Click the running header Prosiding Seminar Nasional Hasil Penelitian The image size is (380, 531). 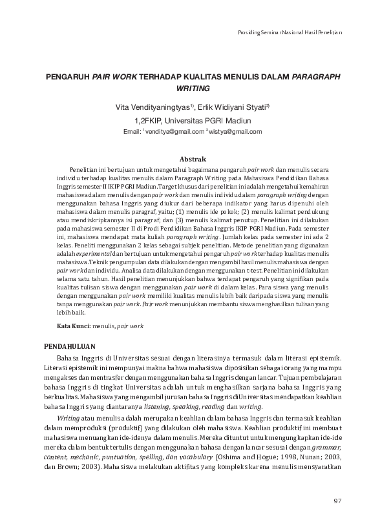coord(290,32)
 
